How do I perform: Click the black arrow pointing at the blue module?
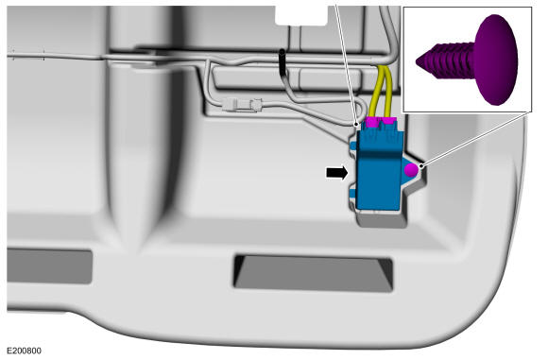coord(337,172)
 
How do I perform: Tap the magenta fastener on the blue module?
coord(411,170)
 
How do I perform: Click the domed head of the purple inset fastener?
coord(496,60)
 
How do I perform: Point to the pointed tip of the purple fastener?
coord(418,62)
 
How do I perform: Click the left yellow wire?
coord(375,92)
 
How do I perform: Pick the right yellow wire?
coord(387,92)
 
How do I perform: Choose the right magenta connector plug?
coord(388,121)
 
